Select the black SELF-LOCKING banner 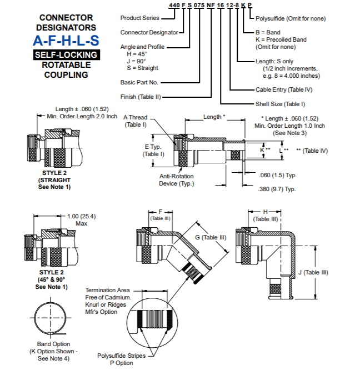tap(66, 55)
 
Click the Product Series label tap(139, 18)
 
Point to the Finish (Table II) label tap(141, 96)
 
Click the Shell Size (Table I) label tap(280, 103)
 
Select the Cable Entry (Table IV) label tap(284, 89)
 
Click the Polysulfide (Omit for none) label tap(291, 18)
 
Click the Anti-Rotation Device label tap(177, 179)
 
